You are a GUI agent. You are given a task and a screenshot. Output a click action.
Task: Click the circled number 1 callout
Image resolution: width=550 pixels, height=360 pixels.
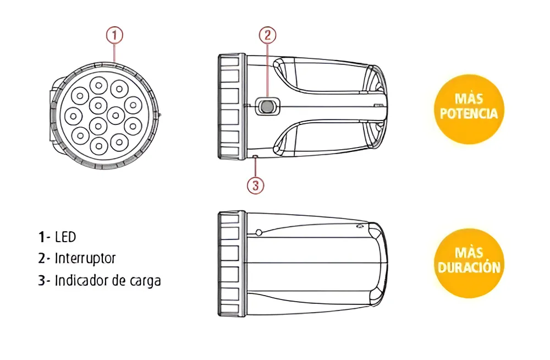[x=114, y=35]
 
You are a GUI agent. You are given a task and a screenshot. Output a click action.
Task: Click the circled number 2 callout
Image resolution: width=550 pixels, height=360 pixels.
[x=268, y=35]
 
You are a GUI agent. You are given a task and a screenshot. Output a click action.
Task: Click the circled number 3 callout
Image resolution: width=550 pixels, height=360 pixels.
[x=255, y=185]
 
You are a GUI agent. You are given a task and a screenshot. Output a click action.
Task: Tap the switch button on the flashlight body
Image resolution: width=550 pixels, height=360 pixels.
[x=268, y=106]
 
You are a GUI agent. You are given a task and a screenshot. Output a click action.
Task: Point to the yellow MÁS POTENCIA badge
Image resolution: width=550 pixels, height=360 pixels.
[x=469, y=109]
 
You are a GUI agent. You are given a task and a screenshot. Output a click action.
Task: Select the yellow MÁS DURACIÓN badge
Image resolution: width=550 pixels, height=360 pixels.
[x=469, y=263]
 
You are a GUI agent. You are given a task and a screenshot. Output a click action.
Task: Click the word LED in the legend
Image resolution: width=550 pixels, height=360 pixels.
[x=65, y=237]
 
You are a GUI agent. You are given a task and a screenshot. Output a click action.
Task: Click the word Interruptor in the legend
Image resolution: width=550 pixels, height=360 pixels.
[x=85, y=259]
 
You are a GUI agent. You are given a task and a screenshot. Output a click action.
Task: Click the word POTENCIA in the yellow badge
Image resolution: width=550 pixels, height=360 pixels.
[x=469, y=114]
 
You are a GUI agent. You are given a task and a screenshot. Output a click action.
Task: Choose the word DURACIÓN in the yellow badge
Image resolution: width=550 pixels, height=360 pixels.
[x=469, y=268]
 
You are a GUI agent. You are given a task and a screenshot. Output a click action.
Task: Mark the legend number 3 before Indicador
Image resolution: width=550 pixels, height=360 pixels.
[x=42, y=281]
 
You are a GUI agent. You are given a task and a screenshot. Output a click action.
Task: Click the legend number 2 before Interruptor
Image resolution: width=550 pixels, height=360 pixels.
[x=42, y=259]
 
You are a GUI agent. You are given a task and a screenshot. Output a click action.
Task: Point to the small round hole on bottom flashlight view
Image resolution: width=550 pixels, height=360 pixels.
[x=259, y=232]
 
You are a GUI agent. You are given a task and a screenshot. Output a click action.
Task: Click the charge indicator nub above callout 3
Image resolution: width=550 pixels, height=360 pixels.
[x=255, y=157]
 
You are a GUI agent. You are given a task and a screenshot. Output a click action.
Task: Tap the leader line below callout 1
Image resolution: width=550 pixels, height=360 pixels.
[x=114, y=53]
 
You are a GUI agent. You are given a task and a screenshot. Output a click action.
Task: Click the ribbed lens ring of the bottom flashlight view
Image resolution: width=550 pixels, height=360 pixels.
[x=232, y=264]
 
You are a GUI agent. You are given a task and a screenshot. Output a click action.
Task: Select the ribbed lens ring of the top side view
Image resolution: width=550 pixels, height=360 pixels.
[x=232, y=107]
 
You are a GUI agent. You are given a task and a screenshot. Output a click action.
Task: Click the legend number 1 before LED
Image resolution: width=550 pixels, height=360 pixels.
[x=42, y=237]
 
